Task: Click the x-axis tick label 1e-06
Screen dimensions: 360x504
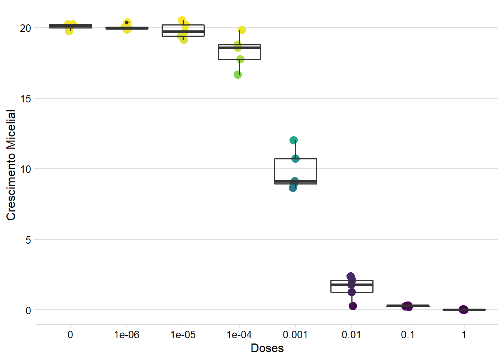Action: coord(127,334)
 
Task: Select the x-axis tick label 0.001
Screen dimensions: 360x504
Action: coord(295,334)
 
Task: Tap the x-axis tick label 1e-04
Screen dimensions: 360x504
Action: coord(239,334)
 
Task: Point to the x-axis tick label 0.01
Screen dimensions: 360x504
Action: coord(351,334)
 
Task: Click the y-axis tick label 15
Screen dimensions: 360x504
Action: coord(25,99)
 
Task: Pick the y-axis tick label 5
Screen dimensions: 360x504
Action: coord(28,240)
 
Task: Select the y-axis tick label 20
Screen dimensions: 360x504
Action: coord(25,28)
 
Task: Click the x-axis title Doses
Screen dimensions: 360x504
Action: coord(267,348)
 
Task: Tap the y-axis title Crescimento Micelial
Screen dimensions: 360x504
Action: coord(11,165)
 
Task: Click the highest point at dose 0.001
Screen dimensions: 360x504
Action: coord(294,140)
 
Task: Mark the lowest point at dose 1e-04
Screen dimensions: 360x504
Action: coord(238,75)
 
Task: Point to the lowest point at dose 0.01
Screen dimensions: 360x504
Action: coord(353,306)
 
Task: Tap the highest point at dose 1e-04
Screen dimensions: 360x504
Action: coord(242,30)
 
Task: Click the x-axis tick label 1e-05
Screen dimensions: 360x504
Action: coord(183,334)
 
